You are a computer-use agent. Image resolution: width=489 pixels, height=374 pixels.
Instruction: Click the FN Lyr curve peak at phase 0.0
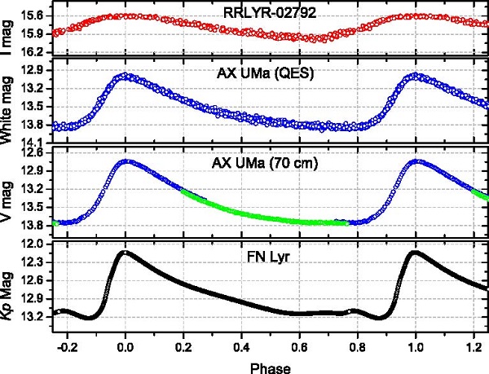[x=125, y=252]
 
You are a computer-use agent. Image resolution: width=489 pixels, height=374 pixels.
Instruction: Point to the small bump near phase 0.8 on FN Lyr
[x=352, y=310]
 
